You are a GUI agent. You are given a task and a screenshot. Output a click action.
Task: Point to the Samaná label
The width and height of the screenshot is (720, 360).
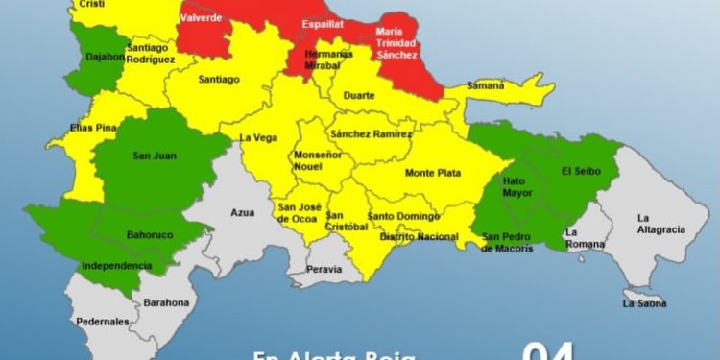[485, 85]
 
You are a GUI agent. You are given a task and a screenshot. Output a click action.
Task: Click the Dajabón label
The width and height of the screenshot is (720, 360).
[105, 58]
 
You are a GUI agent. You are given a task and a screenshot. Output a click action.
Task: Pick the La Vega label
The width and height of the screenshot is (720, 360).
[258, 137]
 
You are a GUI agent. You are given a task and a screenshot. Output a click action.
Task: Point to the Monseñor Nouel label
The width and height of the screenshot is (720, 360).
[317, 159]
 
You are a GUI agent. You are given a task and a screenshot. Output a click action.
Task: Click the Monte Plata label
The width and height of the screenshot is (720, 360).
[433, 173]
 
